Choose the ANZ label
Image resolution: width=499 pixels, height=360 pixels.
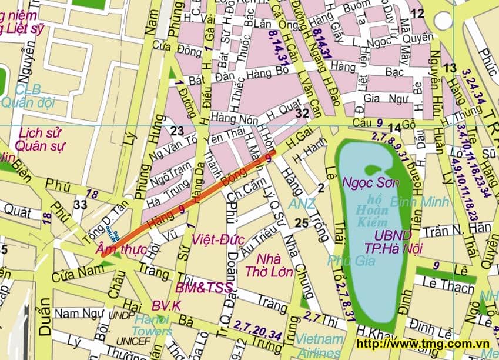tap(302, 204)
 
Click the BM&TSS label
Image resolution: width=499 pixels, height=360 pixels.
tap(204, 288)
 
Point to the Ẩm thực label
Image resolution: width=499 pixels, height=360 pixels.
tap(122, 250)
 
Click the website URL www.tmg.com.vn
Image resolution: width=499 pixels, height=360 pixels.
tap(423, 344)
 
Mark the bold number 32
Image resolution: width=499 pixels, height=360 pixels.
tap(303, 113)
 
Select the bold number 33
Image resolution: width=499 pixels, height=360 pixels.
tap(80, 204)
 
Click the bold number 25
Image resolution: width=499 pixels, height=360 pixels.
tap(302, 223)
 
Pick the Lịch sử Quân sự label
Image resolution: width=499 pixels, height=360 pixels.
tap(41, 139)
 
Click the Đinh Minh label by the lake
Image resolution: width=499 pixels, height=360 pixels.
tap(419, 202)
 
